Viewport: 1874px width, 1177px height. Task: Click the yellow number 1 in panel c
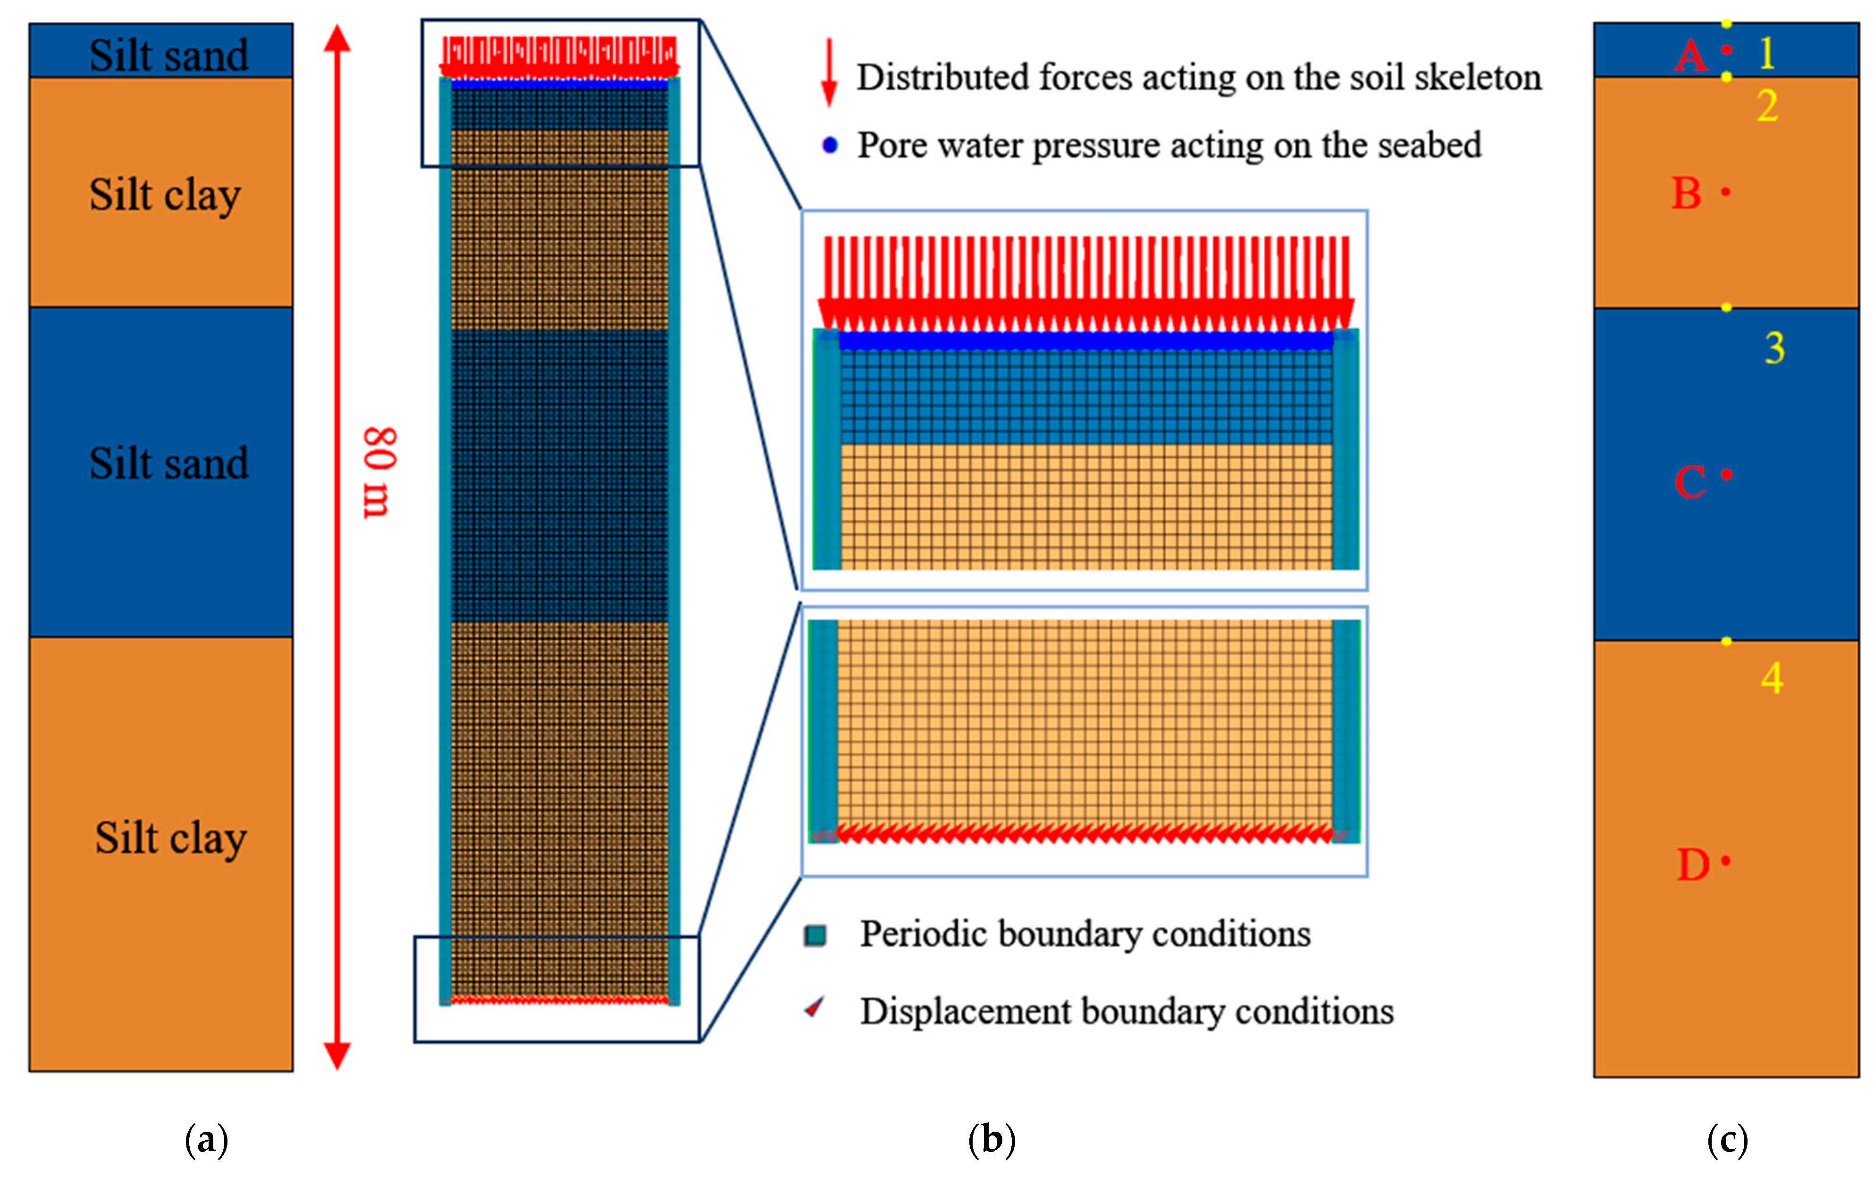(x=1766, y=53)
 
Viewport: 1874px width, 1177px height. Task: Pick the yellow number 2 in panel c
(x=1767, y=106)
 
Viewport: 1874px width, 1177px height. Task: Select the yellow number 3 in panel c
(x=1774, y=348)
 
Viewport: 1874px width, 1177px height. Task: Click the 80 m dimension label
(x=379, y=472)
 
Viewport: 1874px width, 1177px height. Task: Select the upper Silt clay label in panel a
(x=165, y=194)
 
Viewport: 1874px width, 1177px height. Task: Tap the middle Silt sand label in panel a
(x=169, y=464)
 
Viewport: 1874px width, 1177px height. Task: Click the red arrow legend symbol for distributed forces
(x=830, y=72)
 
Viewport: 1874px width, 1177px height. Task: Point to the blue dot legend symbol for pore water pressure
(x=831, y=145)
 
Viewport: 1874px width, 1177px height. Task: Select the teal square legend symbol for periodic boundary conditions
(x=815, y=935)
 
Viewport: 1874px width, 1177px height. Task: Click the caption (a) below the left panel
(x=206, y=1140)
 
